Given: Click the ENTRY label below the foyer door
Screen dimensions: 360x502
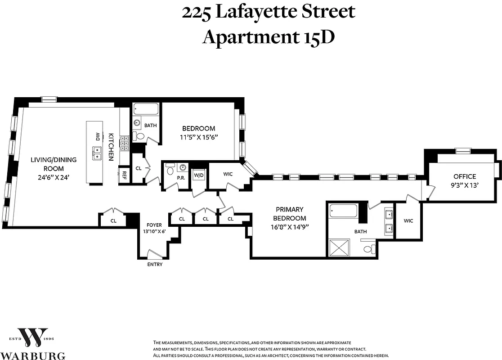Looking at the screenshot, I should click(x=154, y=264).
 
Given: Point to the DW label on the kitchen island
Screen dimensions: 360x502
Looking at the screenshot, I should click(x=97, y=136).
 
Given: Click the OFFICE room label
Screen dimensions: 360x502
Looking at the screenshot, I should click(x=464, y=176).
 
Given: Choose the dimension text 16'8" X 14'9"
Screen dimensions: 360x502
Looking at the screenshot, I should click(x=289, y=227).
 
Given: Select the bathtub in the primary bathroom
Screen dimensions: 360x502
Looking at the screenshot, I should click(x=343, y=211).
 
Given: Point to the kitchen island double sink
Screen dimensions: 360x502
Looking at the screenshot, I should click(x=97, y=153).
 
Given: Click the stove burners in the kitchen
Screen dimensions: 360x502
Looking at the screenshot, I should click(x=124, y=142).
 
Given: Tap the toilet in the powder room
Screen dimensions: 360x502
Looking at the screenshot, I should click(x=170, y=170).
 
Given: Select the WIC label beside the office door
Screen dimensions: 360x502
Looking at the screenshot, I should click(x=408, y=220).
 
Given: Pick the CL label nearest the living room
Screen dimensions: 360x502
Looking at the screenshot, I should click(x=113, y=220).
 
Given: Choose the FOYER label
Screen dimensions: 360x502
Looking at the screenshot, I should click(x=154, y=225).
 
